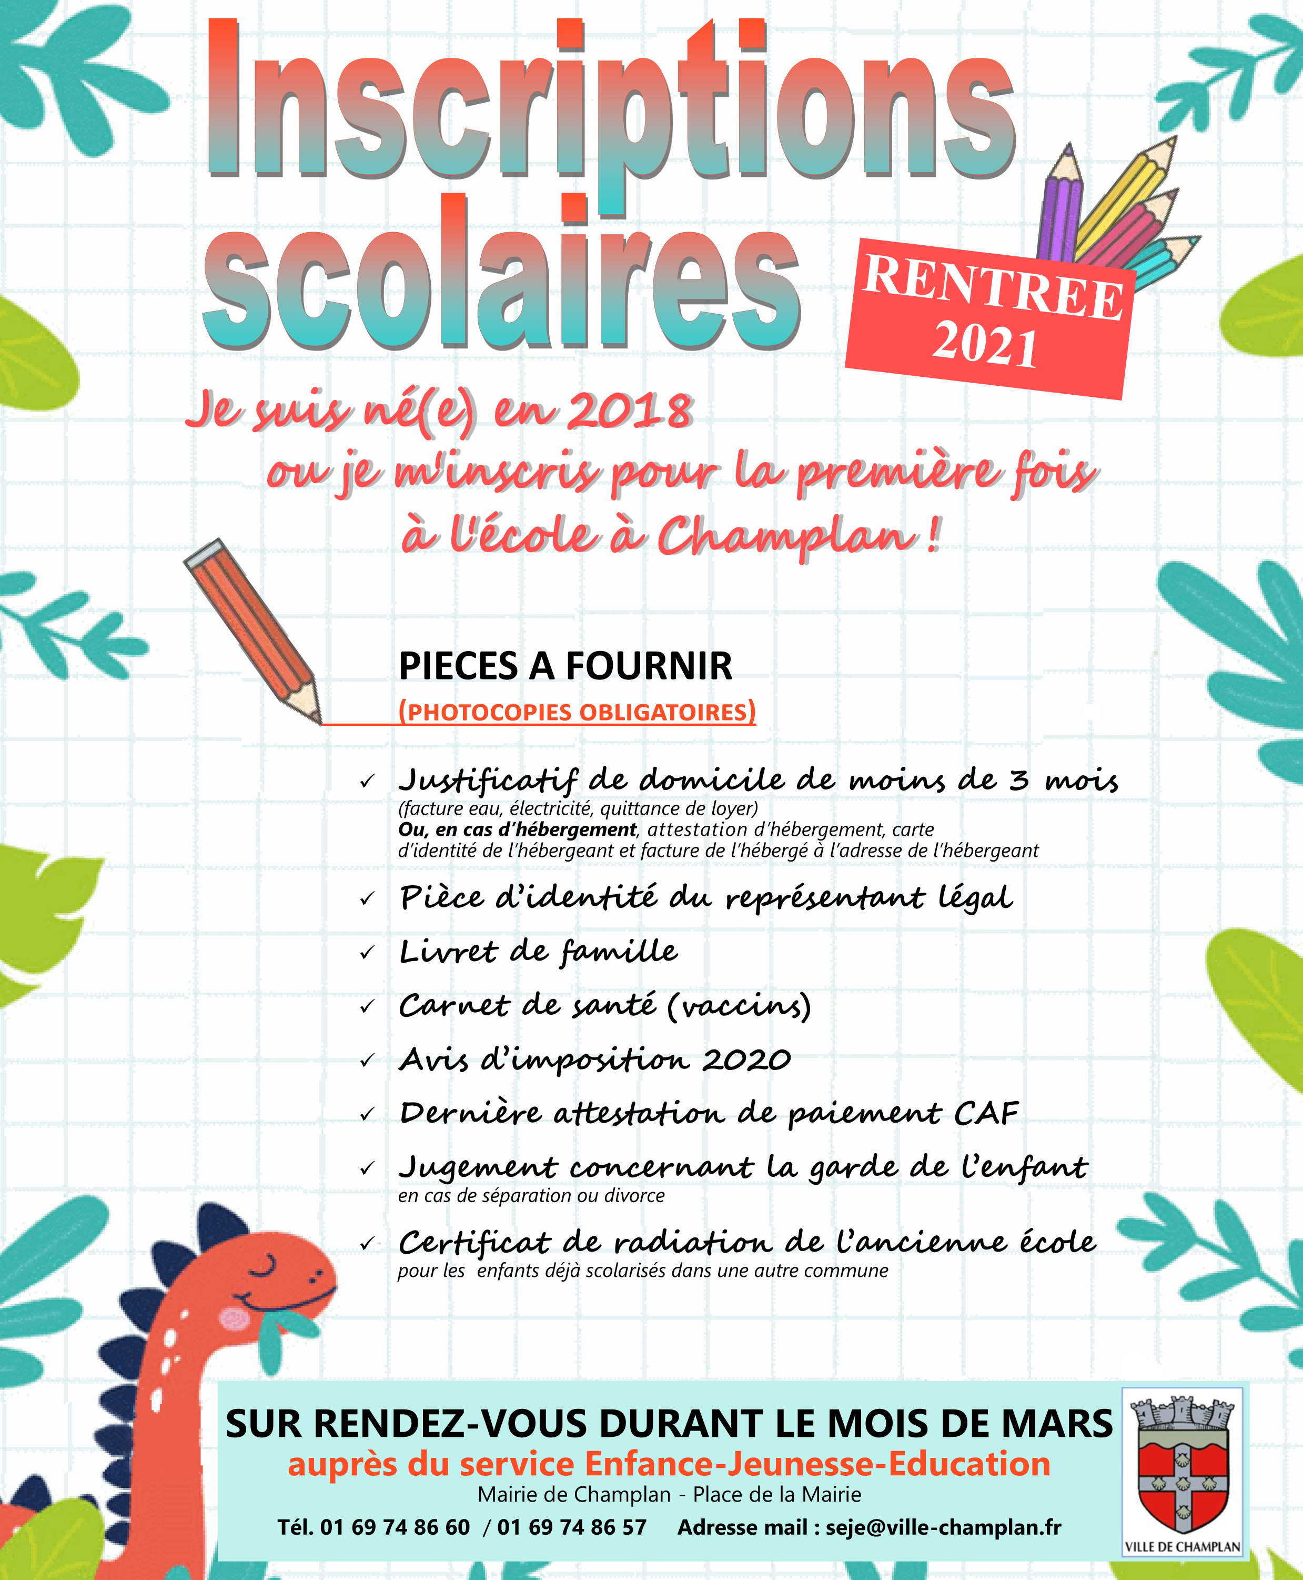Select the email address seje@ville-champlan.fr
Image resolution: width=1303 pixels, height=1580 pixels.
tap(944, 1527)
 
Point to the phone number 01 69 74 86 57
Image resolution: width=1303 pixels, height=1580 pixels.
tap(571, 1527)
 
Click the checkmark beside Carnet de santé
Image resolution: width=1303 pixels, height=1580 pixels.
tap(367, 1007)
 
